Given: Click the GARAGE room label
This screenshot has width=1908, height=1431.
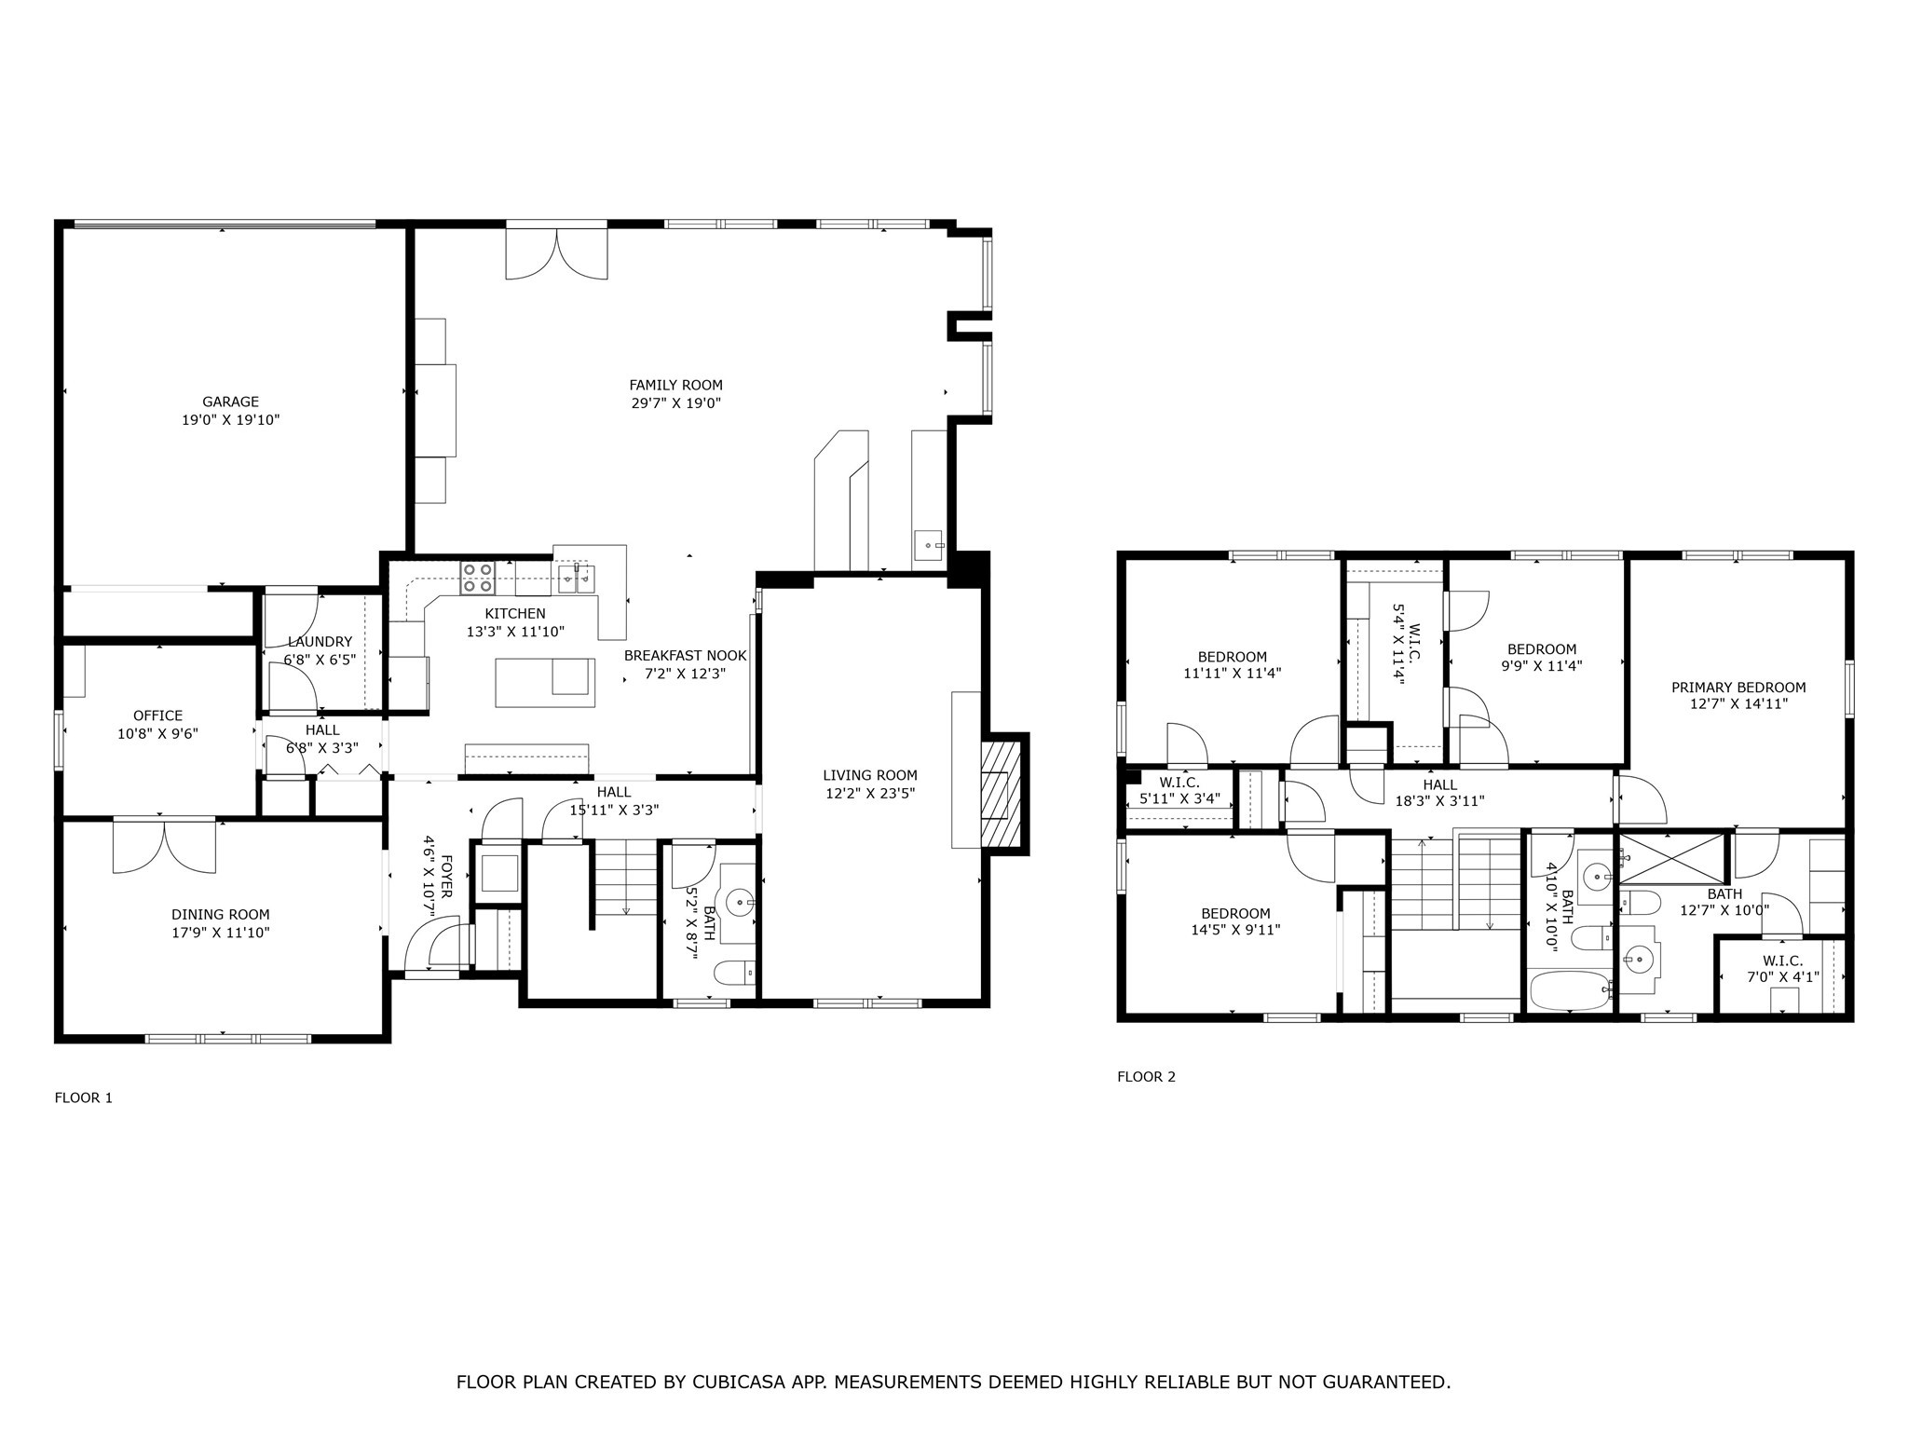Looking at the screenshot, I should (x=230, y=402).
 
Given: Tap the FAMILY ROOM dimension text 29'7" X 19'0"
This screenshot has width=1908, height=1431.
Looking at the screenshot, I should (x=675, y=403).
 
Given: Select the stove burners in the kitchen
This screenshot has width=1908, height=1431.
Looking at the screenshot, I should (x=478, y=579).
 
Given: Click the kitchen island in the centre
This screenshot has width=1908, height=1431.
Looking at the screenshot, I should (x=544, y=682).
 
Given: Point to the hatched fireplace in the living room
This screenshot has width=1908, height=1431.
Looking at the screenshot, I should (x=1003, y=794).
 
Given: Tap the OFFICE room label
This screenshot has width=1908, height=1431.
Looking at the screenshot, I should (x=157, y=715).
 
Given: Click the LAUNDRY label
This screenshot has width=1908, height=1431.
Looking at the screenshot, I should (x=320, y=642).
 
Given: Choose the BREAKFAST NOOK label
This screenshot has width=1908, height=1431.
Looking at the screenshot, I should (x=685, y=655).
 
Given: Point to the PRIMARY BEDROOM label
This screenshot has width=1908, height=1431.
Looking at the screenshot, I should (x=1738, y=688).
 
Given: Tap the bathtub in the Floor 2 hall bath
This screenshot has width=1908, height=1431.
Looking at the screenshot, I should (x=1570, y=990).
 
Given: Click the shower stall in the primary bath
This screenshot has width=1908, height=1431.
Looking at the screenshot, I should (x=1673, y=858).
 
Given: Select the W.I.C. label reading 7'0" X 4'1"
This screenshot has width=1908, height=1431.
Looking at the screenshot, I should (x=1782, y=978).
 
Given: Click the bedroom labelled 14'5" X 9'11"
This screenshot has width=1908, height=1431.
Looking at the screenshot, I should (x=1234, y=921).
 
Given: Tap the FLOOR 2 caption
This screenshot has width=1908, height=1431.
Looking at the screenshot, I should (x=1146, y=1077).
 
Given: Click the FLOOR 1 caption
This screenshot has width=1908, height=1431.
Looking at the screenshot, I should (x=83, y=1097).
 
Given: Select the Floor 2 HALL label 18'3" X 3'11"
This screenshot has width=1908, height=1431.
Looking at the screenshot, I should (x=1439, y=800).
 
